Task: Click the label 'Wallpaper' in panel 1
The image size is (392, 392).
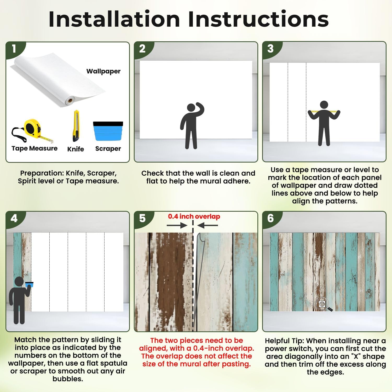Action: point(103,71)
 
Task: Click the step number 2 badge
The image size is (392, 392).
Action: point(142,49)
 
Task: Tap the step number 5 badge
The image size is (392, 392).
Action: point(142,218)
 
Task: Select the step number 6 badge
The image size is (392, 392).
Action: point(270,218)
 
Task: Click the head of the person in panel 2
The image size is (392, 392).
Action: point(191,108)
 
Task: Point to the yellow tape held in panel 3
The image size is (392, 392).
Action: point(324,112)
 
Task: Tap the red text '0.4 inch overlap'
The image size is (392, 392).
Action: point(194,216)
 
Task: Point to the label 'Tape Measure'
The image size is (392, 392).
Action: point(34,148)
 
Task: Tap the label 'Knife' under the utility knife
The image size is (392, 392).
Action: point(76,149)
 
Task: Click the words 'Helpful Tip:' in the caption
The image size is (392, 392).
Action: point(285,341)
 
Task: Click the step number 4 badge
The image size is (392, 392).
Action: point(14,218)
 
